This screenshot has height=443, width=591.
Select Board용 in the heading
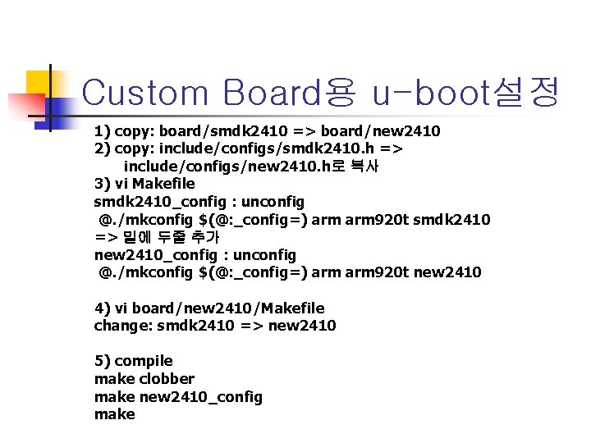pos(286,93)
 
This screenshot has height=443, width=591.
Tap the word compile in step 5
pos(144,361)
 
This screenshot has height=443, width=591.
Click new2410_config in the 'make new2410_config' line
pos(201,397)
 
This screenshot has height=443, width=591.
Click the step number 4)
pos(103,308)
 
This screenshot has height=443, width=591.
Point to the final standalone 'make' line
pos(115,414)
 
